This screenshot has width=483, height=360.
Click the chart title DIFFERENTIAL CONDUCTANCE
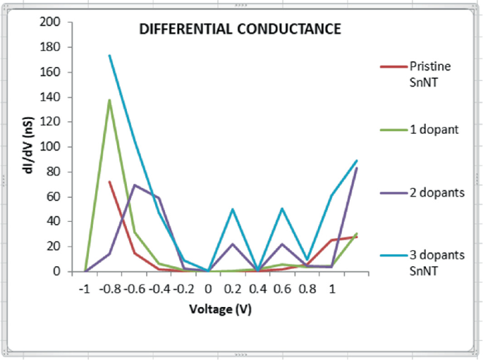[x=240, y=30]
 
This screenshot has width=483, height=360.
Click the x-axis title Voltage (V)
[x=220, y=309]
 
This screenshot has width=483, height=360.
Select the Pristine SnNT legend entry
[x=429, y=73]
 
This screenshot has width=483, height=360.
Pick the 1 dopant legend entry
[x=435, y=129]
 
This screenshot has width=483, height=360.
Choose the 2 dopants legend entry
[x=438, y=192]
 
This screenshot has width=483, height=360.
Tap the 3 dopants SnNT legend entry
[x=436, y=261]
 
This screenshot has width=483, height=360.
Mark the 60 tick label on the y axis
[x=54, y=197]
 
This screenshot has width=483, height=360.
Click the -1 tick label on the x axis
[x=85, y=289]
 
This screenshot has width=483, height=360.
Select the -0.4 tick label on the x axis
[x=159, y=289]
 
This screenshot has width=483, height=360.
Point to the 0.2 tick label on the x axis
[x=233, y=289]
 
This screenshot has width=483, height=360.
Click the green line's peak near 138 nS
[x=110, y=99]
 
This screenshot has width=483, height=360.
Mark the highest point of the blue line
[x=109, y=55]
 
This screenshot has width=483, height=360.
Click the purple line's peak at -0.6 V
[x=135, y=185]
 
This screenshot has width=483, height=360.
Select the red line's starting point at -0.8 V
[x=109, y=181]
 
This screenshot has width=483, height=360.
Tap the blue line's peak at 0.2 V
[x=233, y=209]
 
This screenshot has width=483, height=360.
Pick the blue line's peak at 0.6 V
[x=282, y=209]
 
